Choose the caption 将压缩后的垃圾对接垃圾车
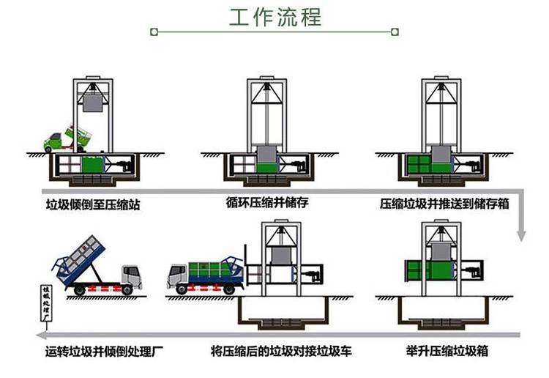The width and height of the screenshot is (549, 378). pos(281,350)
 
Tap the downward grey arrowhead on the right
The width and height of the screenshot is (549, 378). pos(521,234)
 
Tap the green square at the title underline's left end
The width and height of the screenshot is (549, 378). pos(153,31)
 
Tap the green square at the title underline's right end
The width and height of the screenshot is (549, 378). pos(395,31)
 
